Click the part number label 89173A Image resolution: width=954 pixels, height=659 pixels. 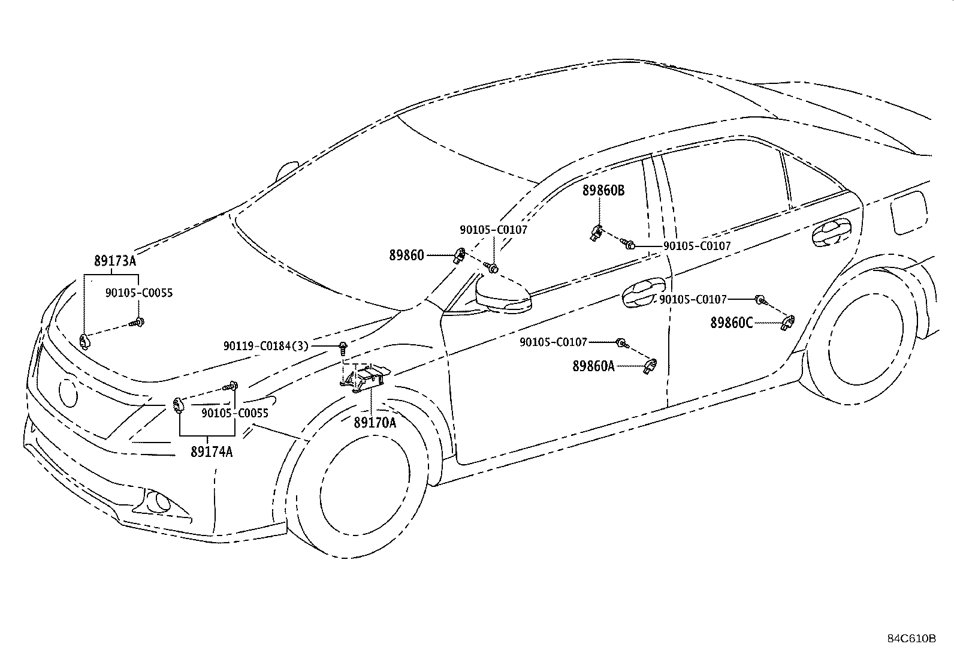115,260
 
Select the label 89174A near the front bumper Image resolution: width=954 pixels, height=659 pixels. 212,452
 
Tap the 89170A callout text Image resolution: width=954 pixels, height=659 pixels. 375,422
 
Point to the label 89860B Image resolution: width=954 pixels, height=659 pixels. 603,191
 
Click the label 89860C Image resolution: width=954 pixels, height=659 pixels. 731,323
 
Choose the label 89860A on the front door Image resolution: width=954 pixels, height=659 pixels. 594,366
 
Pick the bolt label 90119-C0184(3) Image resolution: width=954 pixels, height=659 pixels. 265,346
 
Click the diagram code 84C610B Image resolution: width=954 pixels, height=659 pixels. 911,638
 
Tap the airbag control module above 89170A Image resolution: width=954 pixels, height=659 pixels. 364,378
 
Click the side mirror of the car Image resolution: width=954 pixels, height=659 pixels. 503,294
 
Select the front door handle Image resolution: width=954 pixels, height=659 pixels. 643,293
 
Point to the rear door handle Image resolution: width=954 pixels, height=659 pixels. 831,233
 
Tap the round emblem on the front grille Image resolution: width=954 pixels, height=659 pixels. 68,393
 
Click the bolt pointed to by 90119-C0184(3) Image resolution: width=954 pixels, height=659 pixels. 343,348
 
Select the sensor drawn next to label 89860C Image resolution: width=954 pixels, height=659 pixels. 789,323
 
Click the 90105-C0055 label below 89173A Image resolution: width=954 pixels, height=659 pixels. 139,293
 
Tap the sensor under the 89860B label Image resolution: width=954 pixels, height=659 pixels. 596,233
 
